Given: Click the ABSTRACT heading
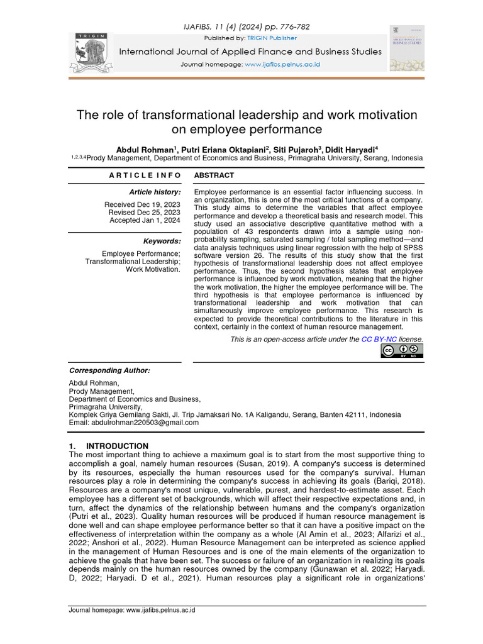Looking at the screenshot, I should click(x=214, y=175).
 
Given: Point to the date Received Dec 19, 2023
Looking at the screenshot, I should click(x=142, y=204).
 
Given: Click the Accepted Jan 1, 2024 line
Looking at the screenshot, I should click(x=145, y=220).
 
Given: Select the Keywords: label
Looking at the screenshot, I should click(x=162, y=241).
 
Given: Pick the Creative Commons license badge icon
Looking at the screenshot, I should click(x=401, y=351).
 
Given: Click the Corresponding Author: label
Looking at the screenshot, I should click(x=109, y=370).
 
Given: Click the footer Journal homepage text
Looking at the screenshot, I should click(x=131, y=611).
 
